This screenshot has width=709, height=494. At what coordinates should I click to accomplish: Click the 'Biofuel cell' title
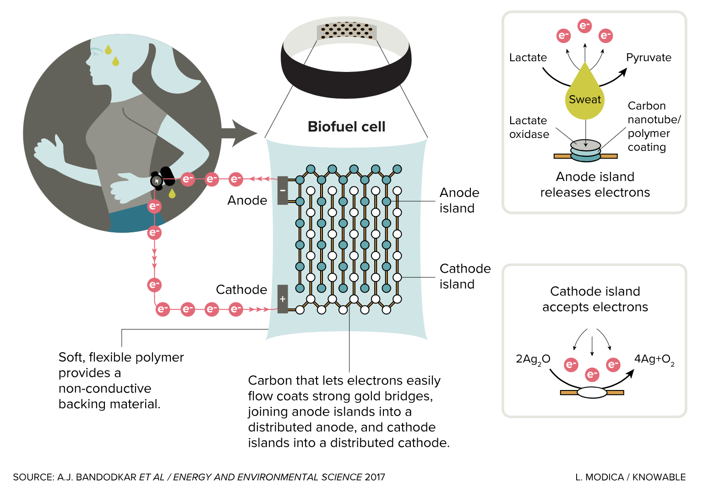tap(346, 126)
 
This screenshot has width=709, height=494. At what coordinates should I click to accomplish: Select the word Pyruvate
tap(649, 58)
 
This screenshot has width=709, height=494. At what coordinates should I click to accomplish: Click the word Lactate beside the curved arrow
tap(528, 58)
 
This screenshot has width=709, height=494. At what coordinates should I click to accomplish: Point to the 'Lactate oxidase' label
tap(529, 127)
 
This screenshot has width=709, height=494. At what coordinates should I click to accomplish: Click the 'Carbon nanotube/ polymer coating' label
tap(654, 126)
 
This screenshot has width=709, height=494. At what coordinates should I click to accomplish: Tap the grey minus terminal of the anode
tap(283, 190)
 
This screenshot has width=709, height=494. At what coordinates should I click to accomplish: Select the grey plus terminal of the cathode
tap(283, 299)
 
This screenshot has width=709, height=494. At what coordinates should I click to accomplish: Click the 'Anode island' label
tap(459, 200)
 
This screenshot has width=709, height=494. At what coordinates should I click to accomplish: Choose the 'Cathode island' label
tap(464, 276)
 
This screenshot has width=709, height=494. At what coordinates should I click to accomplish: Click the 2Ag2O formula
tap(533, 359)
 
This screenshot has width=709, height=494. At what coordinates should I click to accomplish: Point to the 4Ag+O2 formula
tap(654, 359)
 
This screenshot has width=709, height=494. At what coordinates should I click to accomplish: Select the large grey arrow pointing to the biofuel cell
tap(238, 133)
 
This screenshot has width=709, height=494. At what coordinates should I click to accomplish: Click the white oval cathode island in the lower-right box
tap(592, 393)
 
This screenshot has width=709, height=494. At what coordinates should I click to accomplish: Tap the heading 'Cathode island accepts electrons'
tap(595, 299)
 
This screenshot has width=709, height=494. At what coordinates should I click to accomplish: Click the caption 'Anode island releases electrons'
tap(595, 185)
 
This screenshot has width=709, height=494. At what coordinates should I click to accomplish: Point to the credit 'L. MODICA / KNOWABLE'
tap(630, 477)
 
